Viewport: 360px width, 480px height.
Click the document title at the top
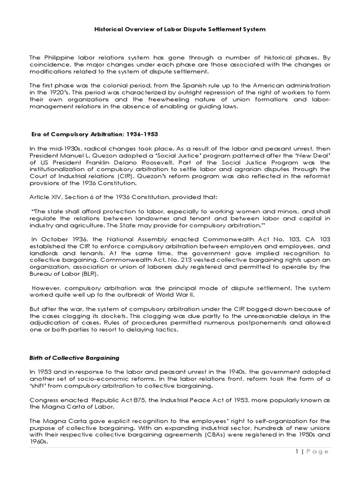pyautogui.click(x=180, y=29)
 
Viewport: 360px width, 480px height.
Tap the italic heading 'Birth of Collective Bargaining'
pyautogui.click(x=74, y=359)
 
